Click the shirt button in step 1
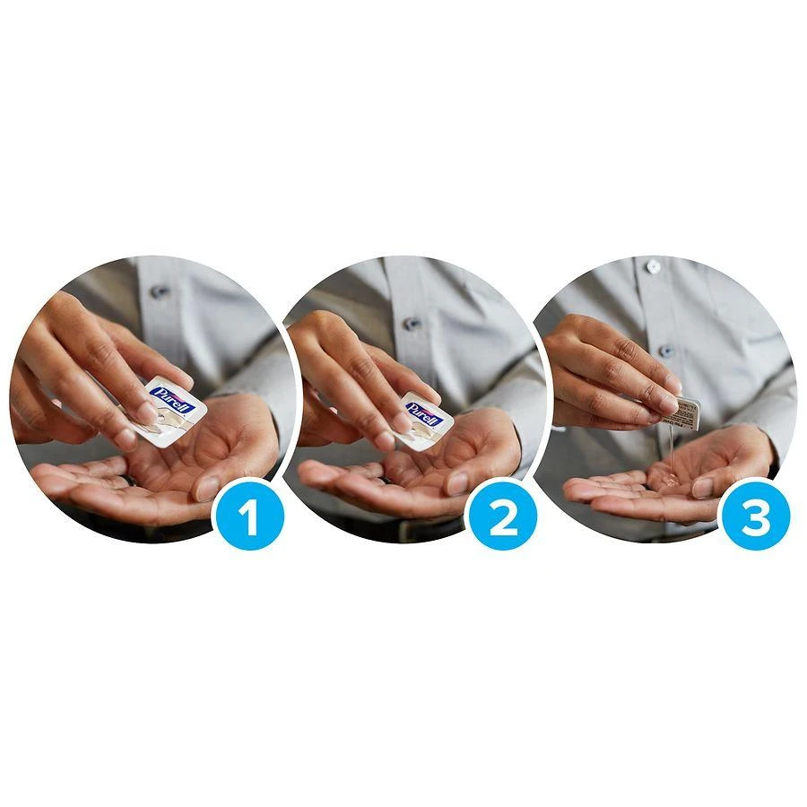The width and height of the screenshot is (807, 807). point(161,291)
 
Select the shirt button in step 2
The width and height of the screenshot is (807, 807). point(412,324)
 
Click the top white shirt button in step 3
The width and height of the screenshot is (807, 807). point(654,266)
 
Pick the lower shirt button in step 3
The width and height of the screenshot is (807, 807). point(665,351)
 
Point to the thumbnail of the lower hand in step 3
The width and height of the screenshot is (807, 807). point(702,487)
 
